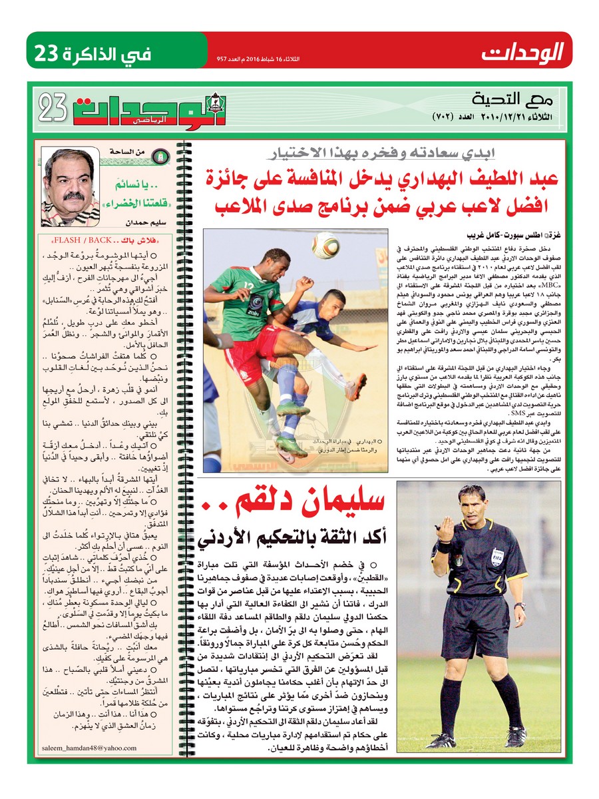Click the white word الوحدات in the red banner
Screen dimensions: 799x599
click(522, 51)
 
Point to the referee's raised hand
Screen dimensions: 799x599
click(444, 530)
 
